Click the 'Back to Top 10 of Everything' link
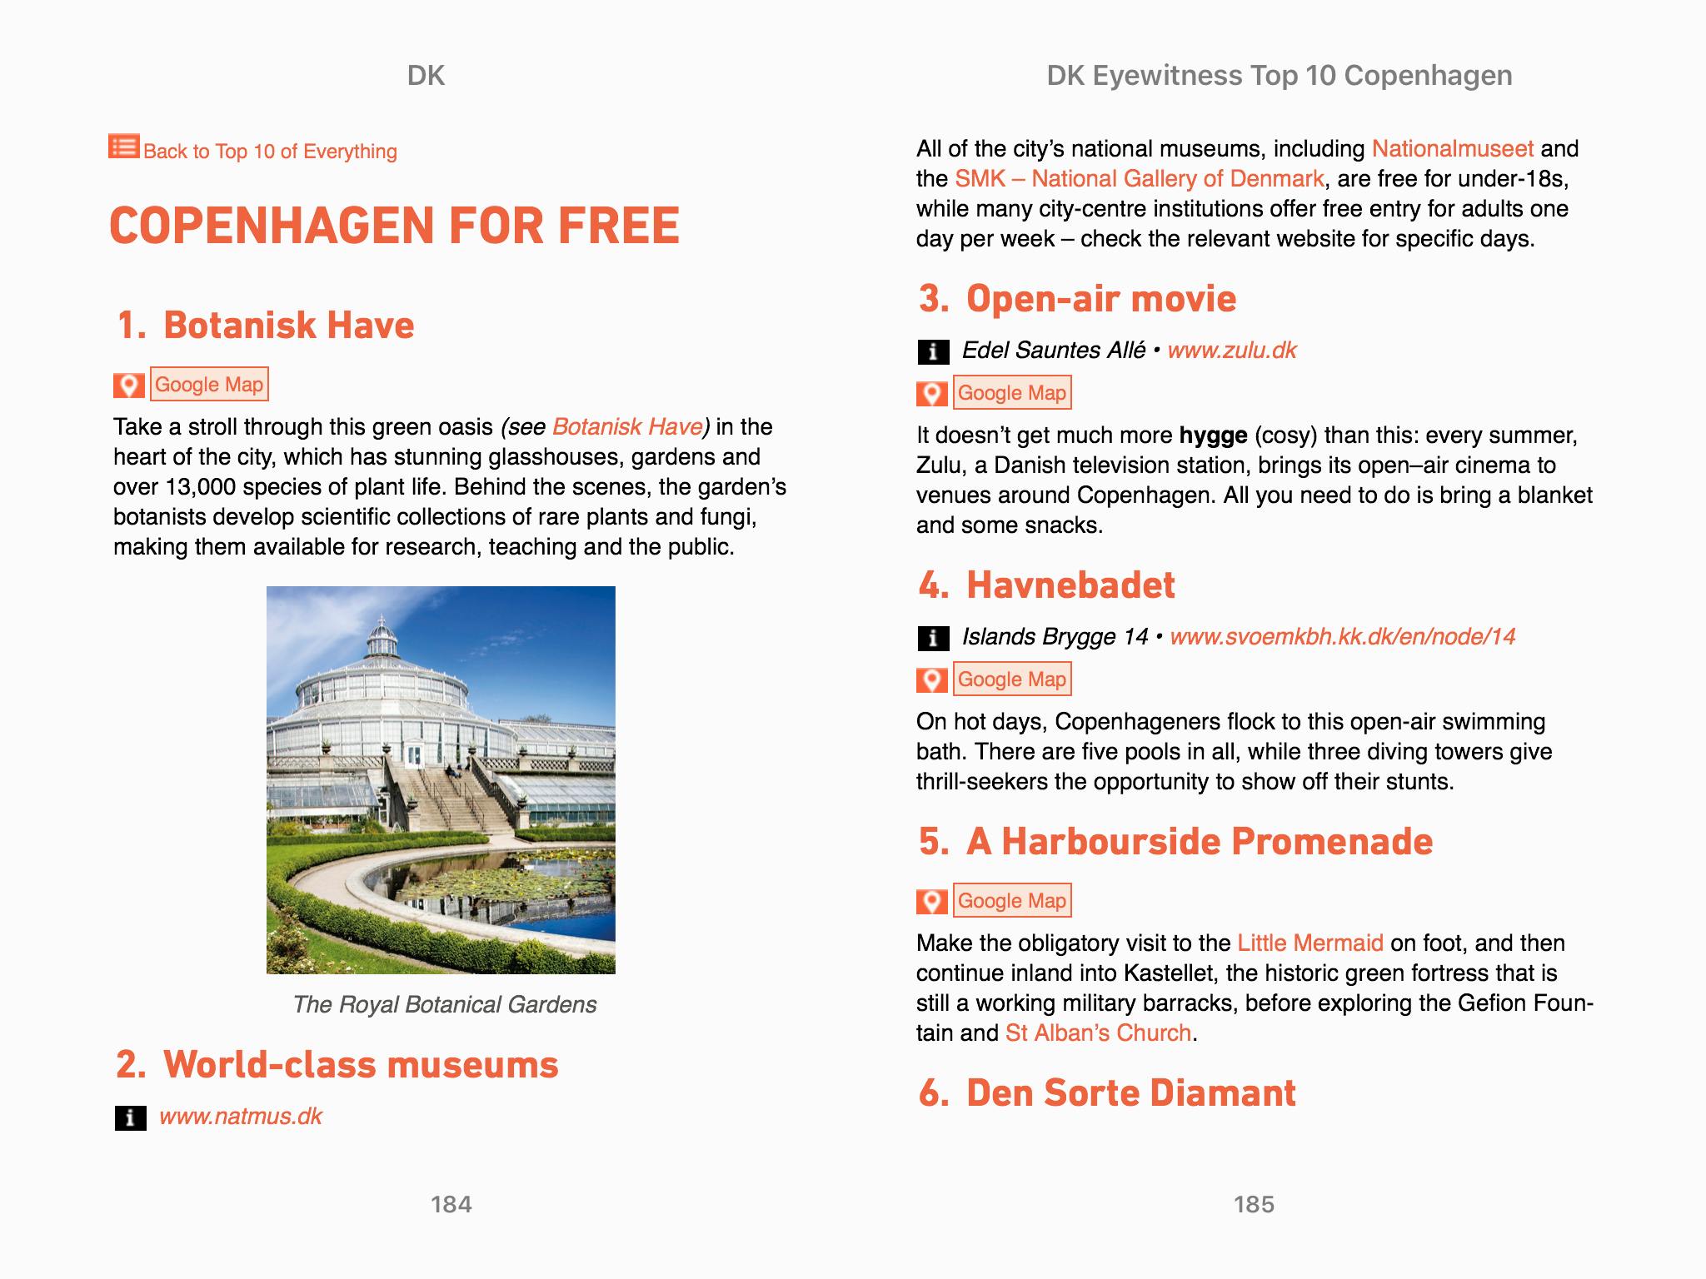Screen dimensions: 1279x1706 click(x=269, y=152)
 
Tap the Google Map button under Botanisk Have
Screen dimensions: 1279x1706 click(x=209, y=385)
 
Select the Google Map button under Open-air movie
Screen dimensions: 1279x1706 click(x=1011, y=393)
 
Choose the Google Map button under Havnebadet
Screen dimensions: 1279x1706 click(x=1011, y=679)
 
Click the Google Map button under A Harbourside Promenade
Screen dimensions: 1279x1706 click(x=1011, y=901)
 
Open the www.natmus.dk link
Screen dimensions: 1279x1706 click(x=240, y=1117)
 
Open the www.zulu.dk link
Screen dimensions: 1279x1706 click(x=1231, y=351)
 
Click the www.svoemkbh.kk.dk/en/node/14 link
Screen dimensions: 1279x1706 click(x=1342, y=637)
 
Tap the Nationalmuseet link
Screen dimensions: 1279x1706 click(x=1452, y=149)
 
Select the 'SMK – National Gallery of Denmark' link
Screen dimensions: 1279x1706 click(x=1139, y=179)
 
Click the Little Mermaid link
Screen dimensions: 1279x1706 click(x=1309, y=943)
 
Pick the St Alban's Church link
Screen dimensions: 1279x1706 click(x=1098, y=1033)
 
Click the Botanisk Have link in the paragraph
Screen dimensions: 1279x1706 click(x=627, y=427)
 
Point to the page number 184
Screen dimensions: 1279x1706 click(x=451, y=1204)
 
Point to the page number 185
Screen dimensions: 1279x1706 click(x=1254, y=1204)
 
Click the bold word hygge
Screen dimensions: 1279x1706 click(x=1213, y=435)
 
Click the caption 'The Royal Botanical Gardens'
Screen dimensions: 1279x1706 click(x=444, y=1005)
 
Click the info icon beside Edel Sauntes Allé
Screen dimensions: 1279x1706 click(x=932, y=351)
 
